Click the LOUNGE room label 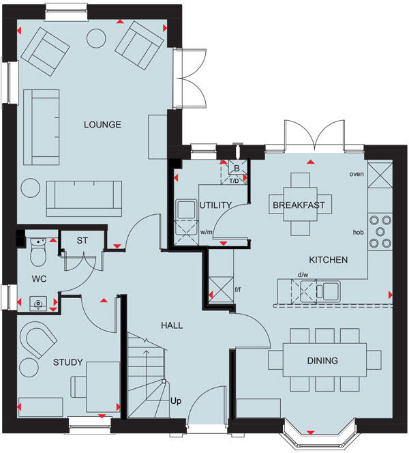(x=102, y=124)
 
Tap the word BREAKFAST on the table (x=299, y=205)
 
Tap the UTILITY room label (x=216, y=205)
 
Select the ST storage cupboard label (x=82, y=240)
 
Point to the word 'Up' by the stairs (x=176, y=400)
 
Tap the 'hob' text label (x=359, y=232)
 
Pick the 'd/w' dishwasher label (x=302, y=276)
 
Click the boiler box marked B (x=236, y=168)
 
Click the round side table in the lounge (x=31, y=187)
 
